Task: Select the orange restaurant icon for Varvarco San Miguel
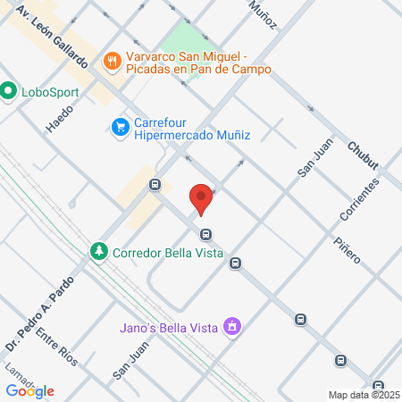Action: pyautogui.click(x=112, y=61)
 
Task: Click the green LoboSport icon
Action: pyautogui.click(x=9, y=90)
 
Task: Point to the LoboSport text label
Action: pyautogui.click(x=51, y=91)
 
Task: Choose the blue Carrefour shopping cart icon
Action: pyautogui.click(x=120, y=129)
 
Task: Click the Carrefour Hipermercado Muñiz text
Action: pyautogui.click(x=191, y=129)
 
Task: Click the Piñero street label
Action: pyautogui.click(x=347, y=250)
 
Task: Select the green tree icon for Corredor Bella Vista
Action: pyautogui.click(x=98, y=252)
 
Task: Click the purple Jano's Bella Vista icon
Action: pyautogui.click(x=232, y=325)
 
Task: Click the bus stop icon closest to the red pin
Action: pyautogui.click(x=206, y=235)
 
